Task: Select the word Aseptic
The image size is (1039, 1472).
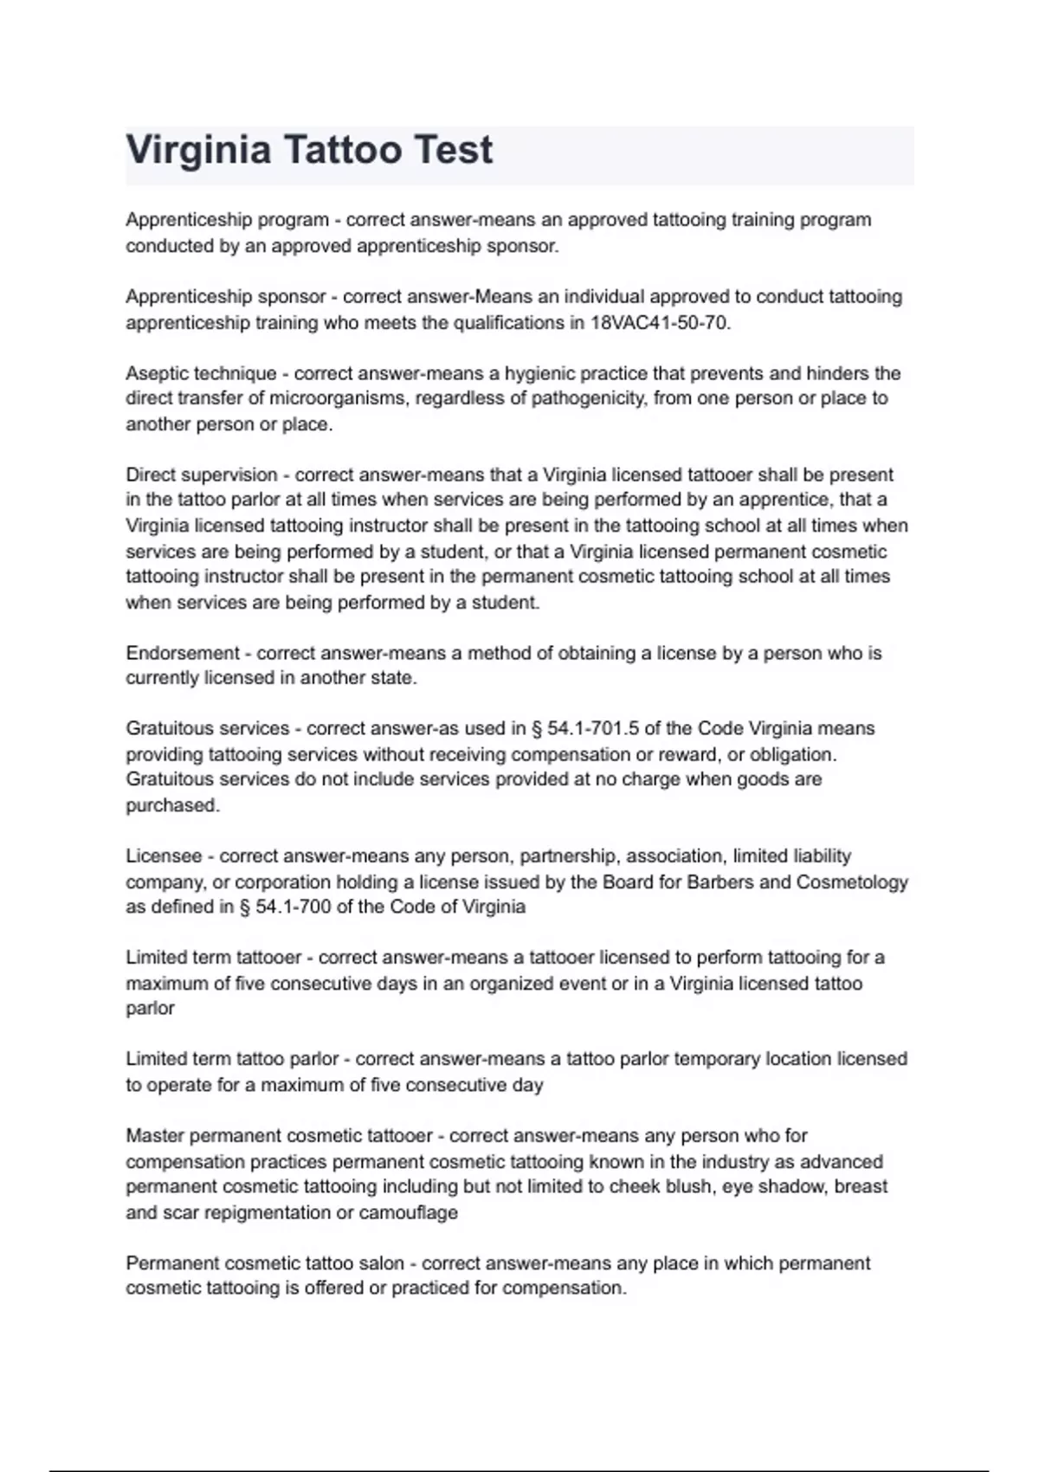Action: click(157, 373)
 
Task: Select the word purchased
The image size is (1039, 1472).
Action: click(171, 805)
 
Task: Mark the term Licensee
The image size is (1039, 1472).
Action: click(163, 856)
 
